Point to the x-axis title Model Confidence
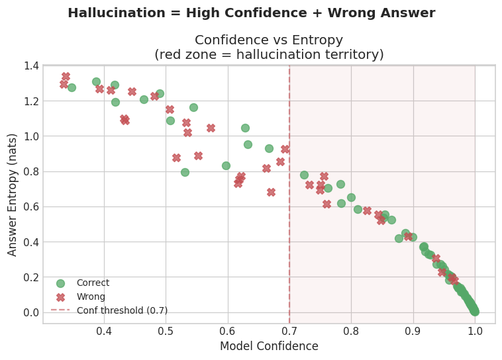point(269,346)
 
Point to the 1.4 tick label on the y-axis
point(31,66)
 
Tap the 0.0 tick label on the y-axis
point(31,312)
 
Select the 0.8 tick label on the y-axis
point(31,171)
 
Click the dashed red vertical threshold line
point(289,199)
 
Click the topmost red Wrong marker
point(66,77)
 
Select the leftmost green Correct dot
point(72,87)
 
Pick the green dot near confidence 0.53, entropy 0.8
point(185,172)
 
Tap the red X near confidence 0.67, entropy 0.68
point(271,192)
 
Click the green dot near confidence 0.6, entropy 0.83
point(226,165)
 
